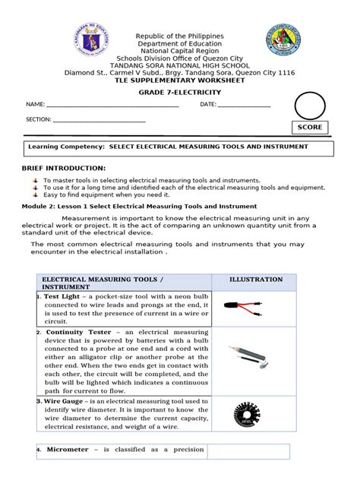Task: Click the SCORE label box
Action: (x=310, y=127)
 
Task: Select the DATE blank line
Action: (x=245, y=106)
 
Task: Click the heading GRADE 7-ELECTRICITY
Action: (x=179, y=91)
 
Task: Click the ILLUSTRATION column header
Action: (x=256, y=279)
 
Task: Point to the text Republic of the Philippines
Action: (x=179, y=36)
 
